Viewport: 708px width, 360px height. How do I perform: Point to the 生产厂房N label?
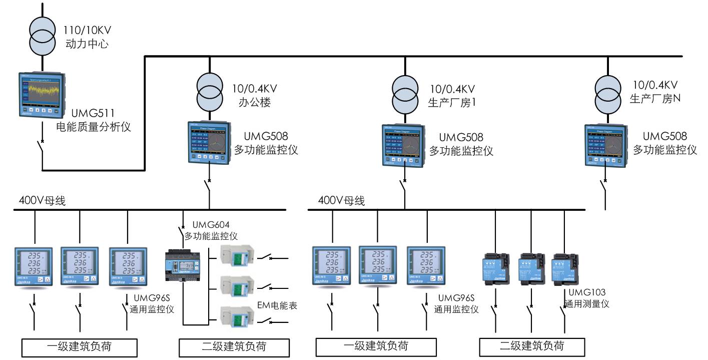click(655, 99)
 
